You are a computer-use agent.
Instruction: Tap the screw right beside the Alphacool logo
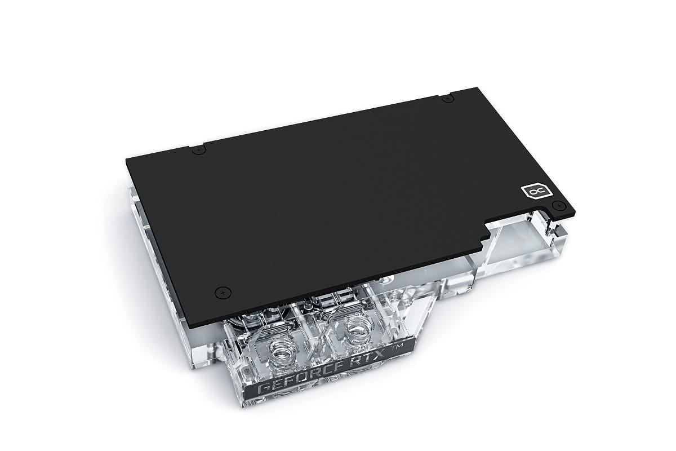coord(558,205)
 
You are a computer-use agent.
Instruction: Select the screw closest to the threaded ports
coord(223,293)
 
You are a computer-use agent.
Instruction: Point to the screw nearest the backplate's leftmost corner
coord(198,150)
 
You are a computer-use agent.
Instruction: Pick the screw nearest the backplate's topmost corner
coord(447,99)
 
